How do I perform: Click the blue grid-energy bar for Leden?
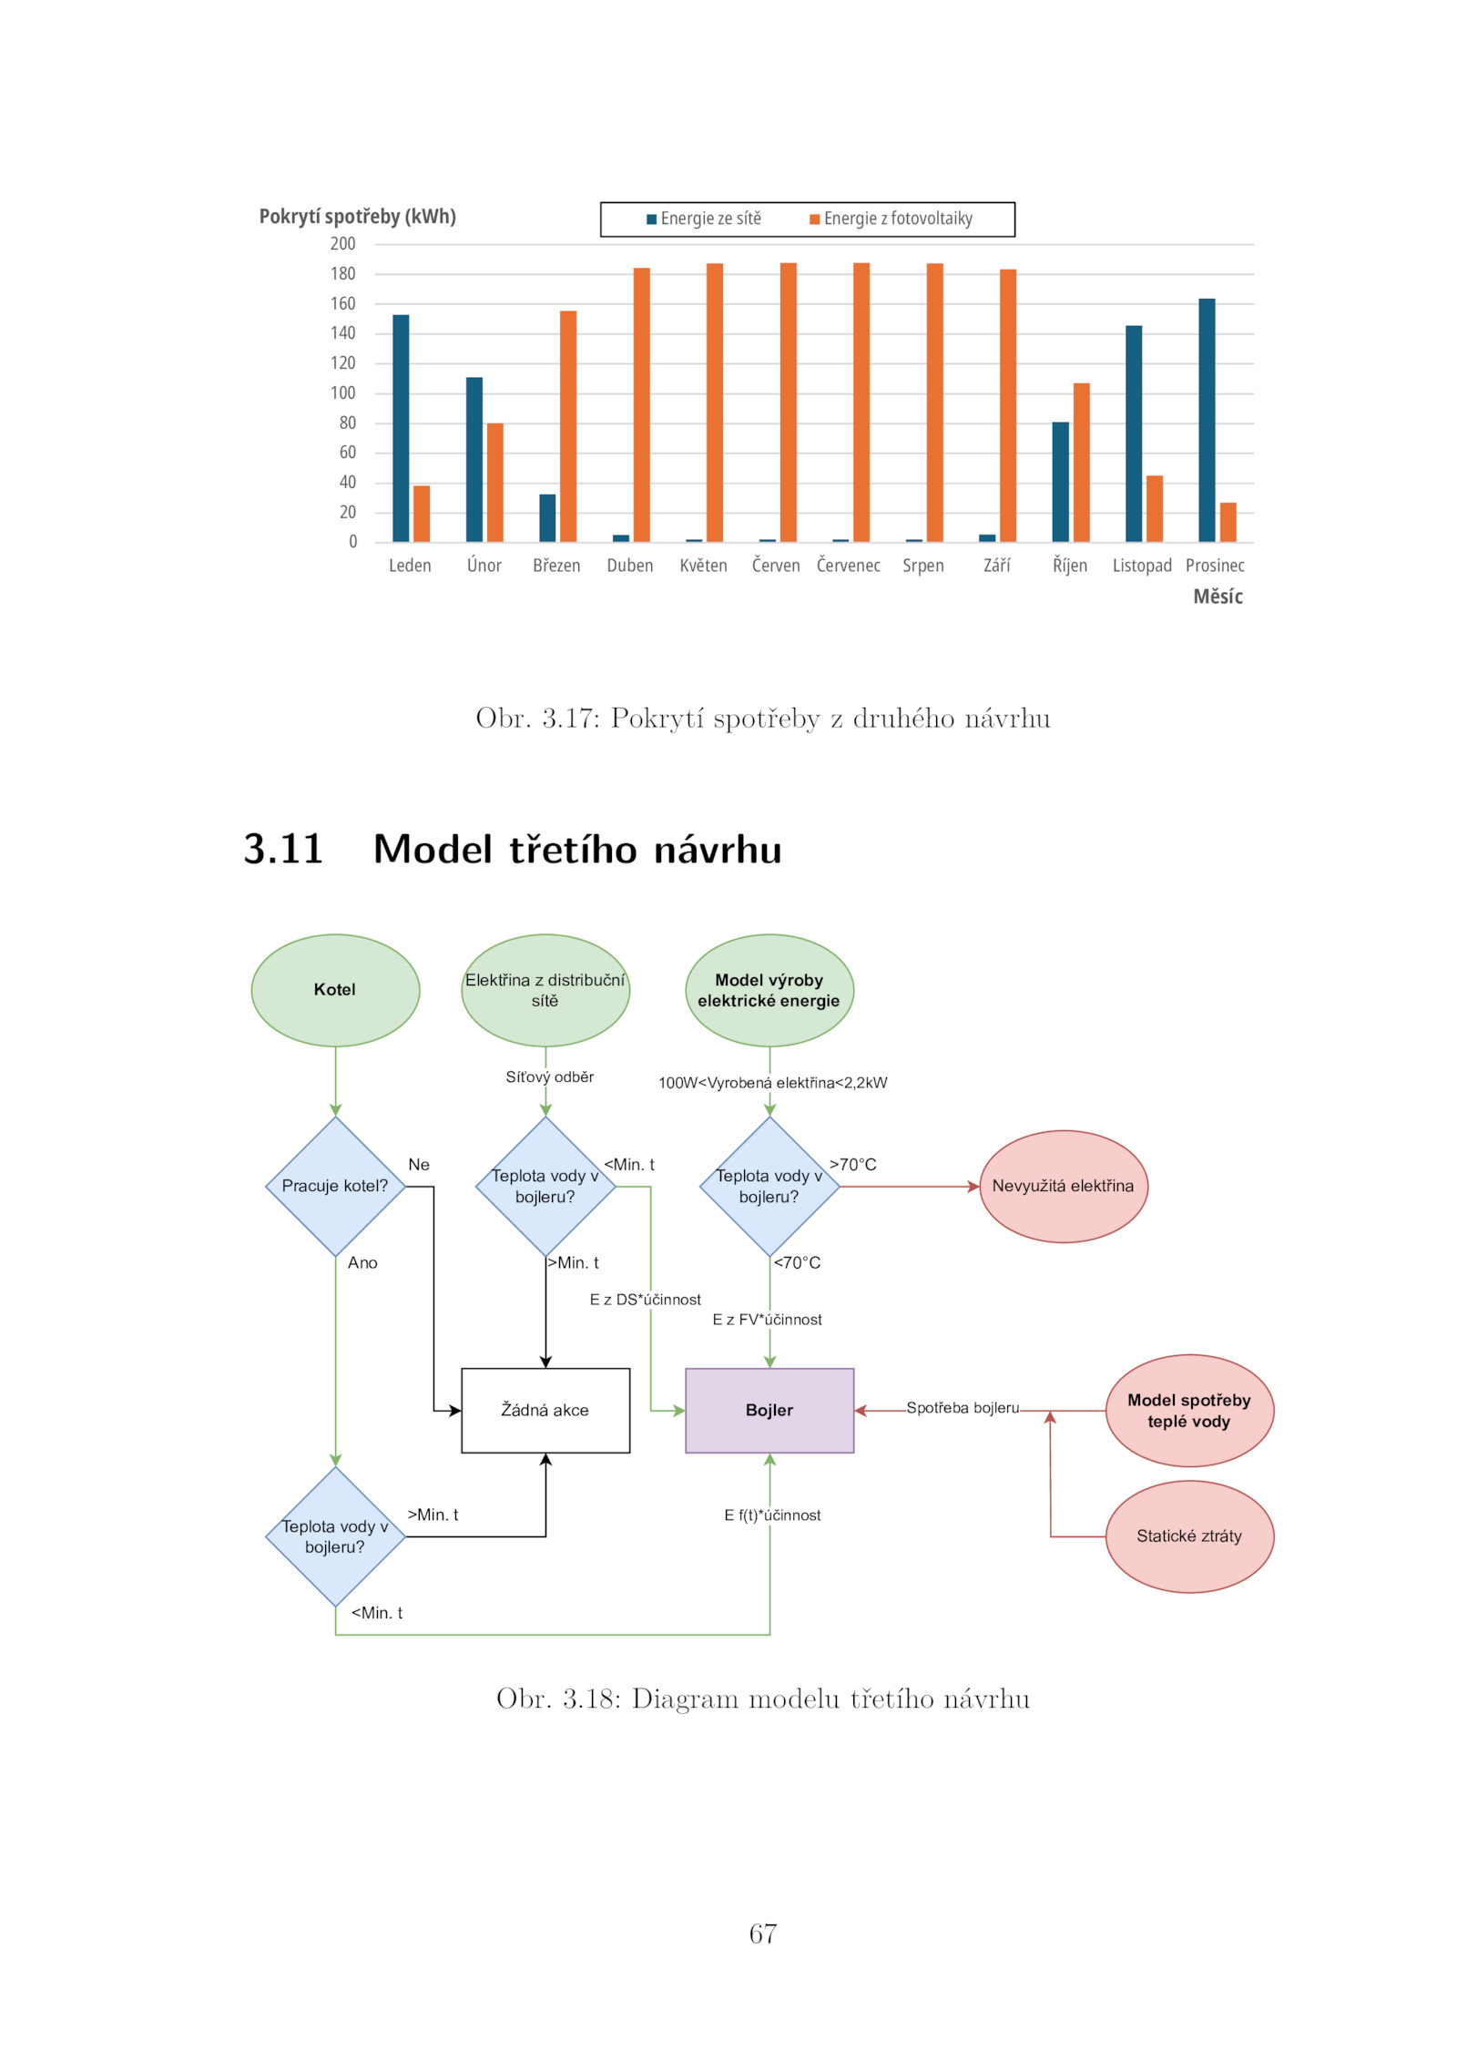[401, 428]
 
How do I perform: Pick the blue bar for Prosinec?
[1207, 420]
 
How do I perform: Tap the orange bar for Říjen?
[1082, 463]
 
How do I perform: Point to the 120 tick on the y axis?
[343, 363]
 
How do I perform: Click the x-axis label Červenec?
[849, 566]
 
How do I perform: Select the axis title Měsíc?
[1218, 597]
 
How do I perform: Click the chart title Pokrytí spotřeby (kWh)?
[357, 217]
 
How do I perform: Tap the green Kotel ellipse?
[335, 990]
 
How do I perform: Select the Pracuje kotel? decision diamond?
[335, 1186]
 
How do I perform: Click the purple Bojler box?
[769, 1410]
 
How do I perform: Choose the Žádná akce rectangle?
[545, 1410]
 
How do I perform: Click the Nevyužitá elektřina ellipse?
[1063, 1186]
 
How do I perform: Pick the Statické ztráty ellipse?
[1189, 1536]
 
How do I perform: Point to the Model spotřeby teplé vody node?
[1189, 1411]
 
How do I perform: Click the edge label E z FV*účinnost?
[767, 1320]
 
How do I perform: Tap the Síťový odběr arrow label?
[550, 1076]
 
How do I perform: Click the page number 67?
[763, 1933]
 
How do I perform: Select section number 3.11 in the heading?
[283, 849]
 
